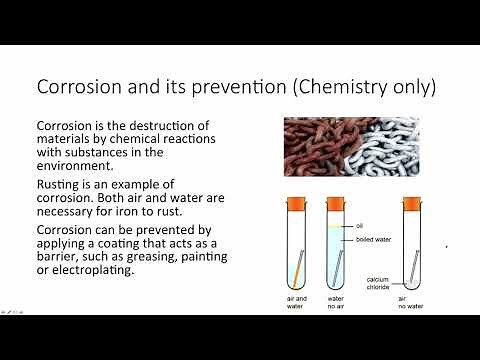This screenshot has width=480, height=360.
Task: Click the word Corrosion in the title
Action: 77,87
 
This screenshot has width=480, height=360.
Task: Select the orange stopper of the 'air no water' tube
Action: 410,203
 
